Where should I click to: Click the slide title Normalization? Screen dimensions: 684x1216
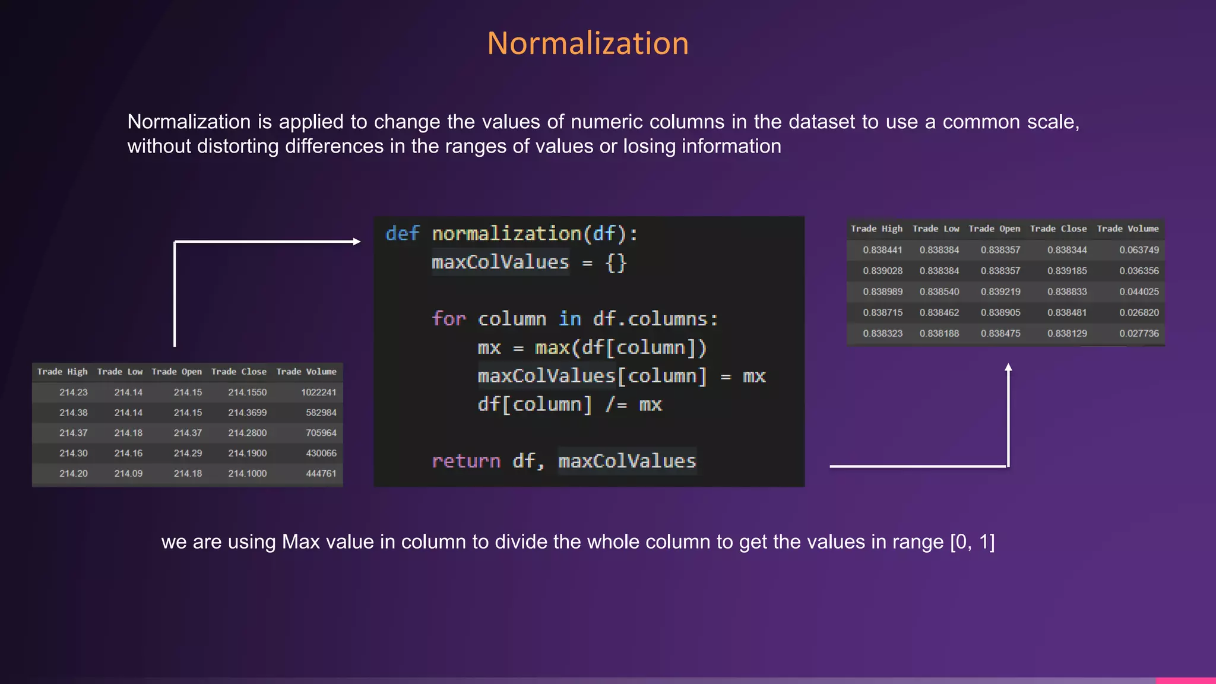(x=588, y=44)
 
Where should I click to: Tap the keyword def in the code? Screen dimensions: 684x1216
(x=403, y=233)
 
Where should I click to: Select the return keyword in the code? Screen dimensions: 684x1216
(x=466, y=461)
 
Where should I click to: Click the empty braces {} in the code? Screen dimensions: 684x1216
(x=616, y=262)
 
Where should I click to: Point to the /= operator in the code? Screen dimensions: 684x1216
(x=616, y=404)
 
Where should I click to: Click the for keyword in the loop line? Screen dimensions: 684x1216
(x=448, y=319)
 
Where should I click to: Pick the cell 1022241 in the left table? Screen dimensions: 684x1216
(x=318, y=392)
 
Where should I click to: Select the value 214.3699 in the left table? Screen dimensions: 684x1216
(x=247, y=413)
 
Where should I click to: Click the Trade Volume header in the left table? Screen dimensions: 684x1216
(x=306, y=372)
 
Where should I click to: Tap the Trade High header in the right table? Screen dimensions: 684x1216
(x=876, y=229)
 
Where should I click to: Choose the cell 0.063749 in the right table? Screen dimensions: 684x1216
(x=1139, y=250)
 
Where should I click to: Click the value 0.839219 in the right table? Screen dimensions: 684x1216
(x=1000, y=292)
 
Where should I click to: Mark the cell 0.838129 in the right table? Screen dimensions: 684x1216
(x=1067, y=334)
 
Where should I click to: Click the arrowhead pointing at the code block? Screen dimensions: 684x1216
(x=356, y=242)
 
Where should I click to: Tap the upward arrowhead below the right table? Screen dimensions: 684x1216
(x=1008, y=368)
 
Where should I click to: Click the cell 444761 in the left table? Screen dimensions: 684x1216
(x=321, y=474)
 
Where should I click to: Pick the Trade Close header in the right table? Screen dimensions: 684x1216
(x=1058, y=229)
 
